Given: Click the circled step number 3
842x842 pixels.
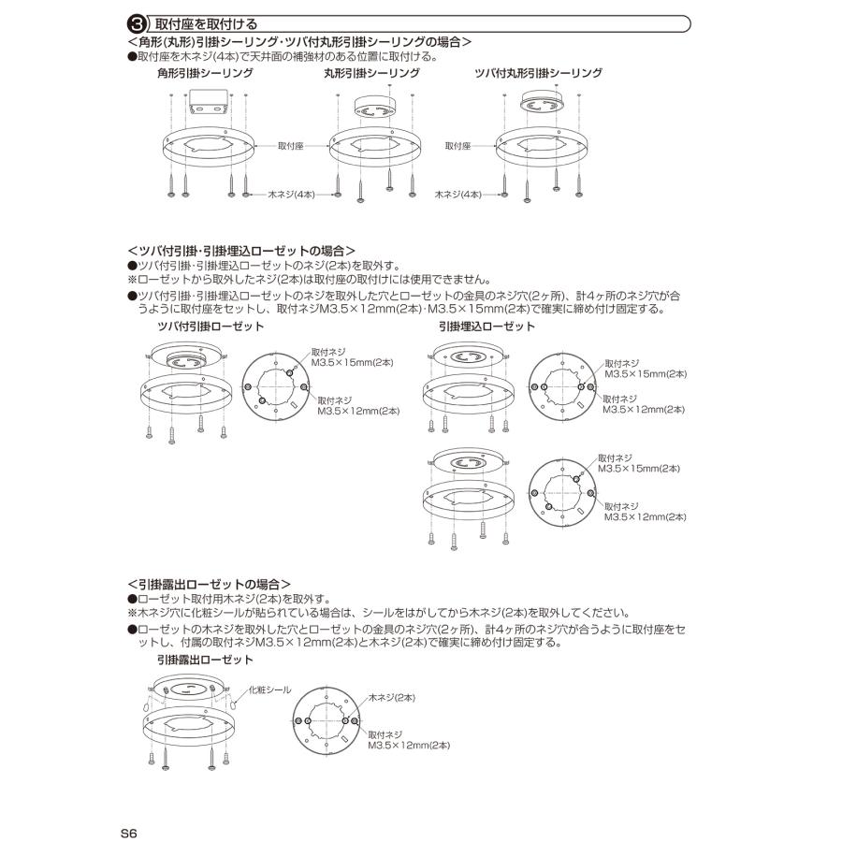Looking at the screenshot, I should [x=136, y=23].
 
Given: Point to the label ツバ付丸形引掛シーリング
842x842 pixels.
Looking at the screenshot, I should [x=539, y=72].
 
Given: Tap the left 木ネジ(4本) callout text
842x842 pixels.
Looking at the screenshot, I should [x=291, y=195].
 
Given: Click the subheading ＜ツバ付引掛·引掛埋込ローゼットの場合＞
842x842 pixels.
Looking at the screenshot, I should [x=240, y=251].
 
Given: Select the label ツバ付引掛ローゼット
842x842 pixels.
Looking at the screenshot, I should [x=210, y=326].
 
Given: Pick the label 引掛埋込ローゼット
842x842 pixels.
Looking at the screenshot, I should [x=486, y=326].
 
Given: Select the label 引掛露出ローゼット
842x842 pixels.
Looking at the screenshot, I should [x=205, y=661].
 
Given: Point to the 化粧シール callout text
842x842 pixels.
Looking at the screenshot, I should [x=269, y=690].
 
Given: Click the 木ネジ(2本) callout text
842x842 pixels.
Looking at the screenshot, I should [x=392, y=698].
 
